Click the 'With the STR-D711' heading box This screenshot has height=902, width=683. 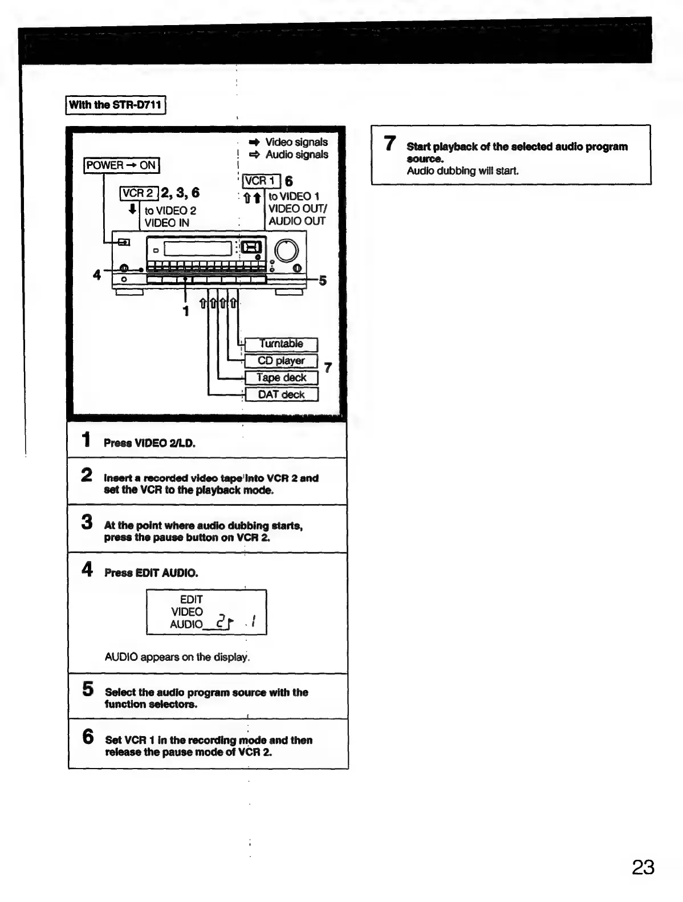click(x=115, y=105)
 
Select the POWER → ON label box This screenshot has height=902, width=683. click(x=121, y=165)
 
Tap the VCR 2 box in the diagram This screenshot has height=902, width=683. click(x=139, y=193)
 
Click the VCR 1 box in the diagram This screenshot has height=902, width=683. click(x=261, y=181)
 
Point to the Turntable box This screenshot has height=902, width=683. click(x=280, y=344)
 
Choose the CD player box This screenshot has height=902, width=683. click(x=280, y=361)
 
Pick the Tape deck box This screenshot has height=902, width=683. click(x=280, y=377)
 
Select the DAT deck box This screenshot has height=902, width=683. click(x=280, y=395)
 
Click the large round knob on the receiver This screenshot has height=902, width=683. click(x=286, y=251)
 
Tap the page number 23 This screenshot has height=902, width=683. click(x=643, y=867)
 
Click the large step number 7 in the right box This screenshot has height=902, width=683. click(x=390, y=143)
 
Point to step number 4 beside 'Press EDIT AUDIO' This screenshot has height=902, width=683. click(x=87, y=569)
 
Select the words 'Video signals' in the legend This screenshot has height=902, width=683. click(x=296, y=142)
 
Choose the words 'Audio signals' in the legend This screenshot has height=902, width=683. click(x=296, y=155)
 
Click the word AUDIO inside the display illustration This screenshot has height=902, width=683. click(x=186, y=624)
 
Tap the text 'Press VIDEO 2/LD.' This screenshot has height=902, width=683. click(x=149, y=443)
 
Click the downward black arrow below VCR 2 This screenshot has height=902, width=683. click(x=132, y=209)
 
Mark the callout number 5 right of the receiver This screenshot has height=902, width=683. click(x=323, y=281)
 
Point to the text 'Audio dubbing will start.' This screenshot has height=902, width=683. click(x=462, y=171)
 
